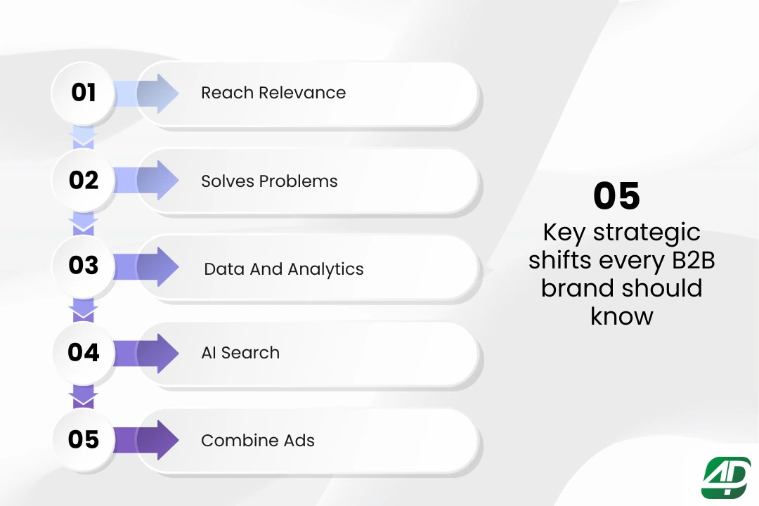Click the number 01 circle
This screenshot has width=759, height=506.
(83, 93)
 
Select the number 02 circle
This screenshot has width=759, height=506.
(83, 180)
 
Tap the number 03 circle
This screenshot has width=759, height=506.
(83, 266)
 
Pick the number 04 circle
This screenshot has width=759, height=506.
(83, 353)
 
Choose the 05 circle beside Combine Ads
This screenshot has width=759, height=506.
(83, 440)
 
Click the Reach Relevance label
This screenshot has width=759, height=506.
(273, 93)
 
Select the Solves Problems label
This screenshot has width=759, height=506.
(269, 181)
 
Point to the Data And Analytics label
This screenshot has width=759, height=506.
(284, 269)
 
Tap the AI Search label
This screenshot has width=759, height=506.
(240, 353)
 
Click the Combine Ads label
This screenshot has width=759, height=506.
(258, 440)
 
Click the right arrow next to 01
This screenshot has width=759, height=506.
(146, 93)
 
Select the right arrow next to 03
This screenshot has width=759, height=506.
(146, 267)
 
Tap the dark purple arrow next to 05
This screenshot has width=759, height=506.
(146, 440)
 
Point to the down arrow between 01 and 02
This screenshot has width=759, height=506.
(83, 137)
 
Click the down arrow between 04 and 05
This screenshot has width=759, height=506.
(83, 397)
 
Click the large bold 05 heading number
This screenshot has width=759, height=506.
(617, 196)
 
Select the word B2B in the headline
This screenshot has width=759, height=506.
(693, 260)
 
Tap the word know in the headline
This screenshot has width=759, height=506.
(621, 316)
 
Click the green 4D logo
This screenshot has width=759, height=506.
(726, 477)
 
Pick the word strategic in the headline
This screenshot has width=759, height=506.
(647, 233)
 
